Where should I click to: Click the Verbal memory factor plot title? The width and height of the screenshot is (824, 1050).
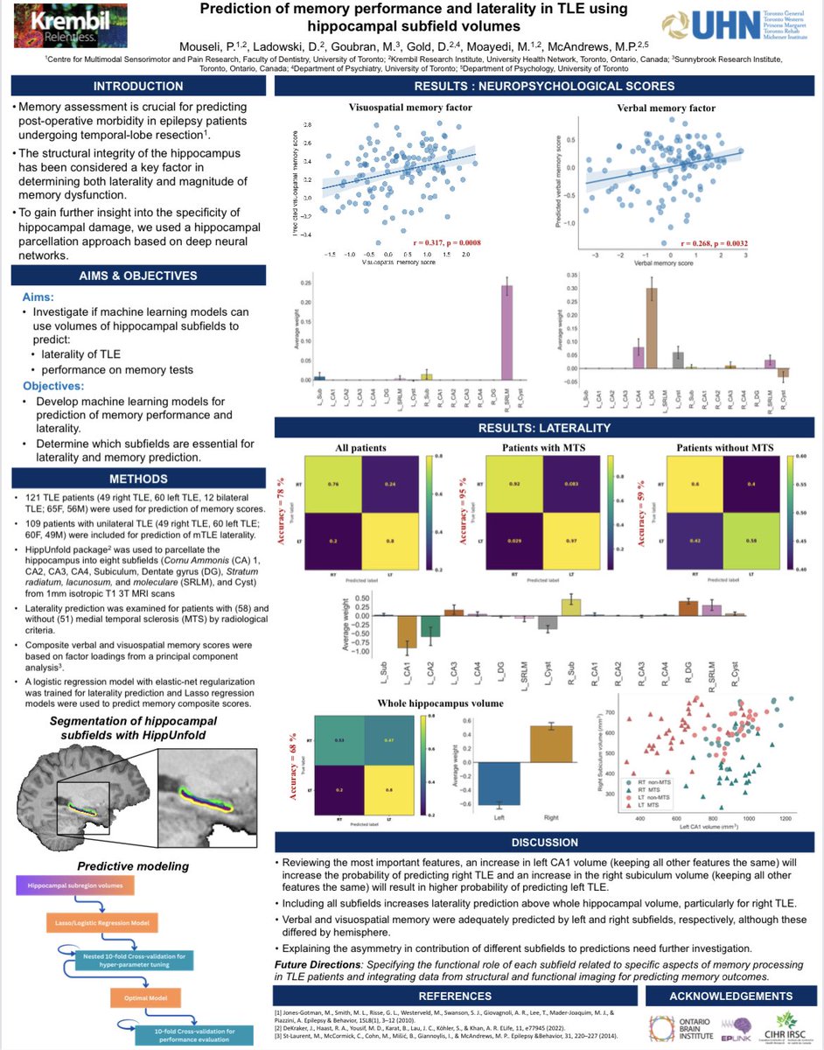click(x=679, y=108)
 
